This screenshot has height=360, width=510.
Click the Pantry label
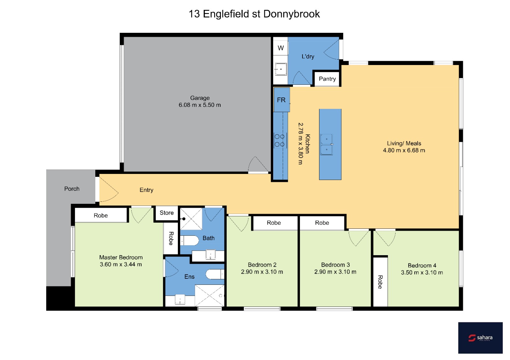tap(327, 79)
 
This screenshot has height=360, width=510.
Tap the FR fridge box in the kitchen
tap(282, 100)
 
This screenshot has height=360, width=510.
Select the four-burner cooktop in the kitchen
tap(280, 140)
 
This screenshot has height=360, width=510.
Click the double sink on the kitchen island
tap(326, 145)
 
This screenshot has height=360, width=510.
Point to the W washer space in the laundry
tap(281, 48)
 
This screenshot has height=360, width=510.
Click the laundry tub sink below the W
tap(281, 69)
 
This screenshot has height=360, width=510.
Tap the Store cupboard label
tap(167, 213)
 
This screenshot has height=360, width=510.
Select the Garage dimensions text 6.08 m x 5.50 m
tap(200, 105)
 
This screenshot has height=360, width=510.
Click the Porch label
tap(72, 189)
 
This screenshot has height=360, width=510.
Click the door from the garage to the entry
tap(258, 165)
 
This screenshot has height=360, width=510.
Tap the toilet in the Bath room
tap(189, 240)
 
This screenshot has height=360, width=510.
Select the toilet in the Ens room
tap(215, 274)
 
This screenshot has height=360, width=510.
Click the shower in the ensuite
tap(210, 296)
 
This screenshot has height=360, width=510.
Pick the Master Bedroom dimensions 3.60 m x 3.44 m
tap(121, 264)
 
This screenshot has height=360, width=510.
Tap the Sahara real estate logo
tap(480, 338)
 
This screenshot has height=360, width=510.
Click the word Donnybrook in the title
tap(292, 14)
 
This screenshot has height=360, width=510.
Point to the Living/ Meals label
tap(404, 143)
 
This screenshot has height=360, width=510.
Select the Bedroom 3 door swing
tap(359, 238)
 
